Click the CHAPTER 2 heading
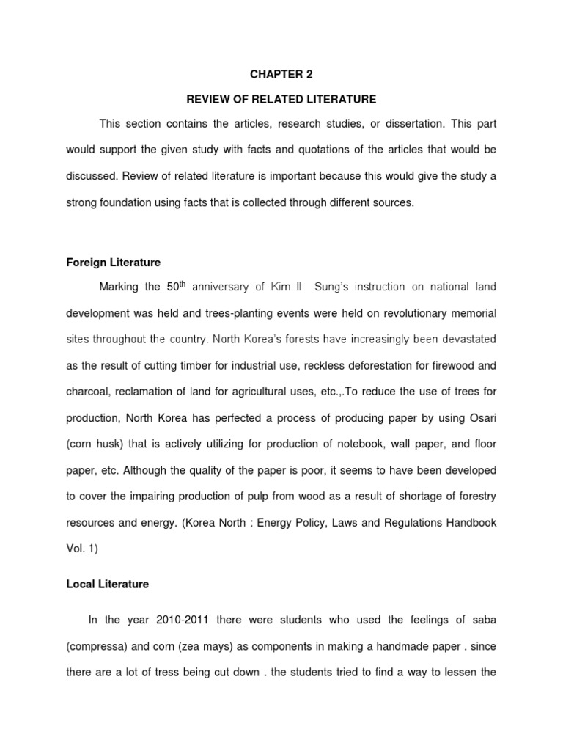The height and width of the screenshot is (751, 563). click(x=281, y=74)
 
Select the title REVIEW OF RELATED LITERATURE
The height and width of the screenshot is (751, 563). click(x=281, y=99)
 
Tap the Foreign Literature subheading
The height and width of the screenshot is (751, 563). click(x=113, y=262)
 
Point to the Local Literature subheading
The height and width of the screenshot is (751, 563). click(x=107, y=585)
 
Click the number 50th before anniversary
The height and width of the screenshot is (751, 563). click(x=191, y=286)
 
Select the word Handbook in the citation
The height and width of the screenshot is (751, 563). click(x=471, y=522)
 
